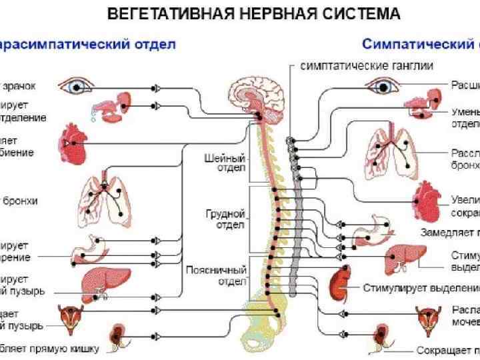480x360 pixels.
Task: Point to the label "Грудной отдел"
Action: point(227,219)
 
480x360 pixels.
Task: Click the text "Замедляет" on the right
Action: point(445,233)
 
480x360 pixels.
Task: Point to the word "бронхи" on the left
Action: point(20,200)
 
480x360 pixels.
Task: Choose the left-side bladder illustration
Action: point(69,318)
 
